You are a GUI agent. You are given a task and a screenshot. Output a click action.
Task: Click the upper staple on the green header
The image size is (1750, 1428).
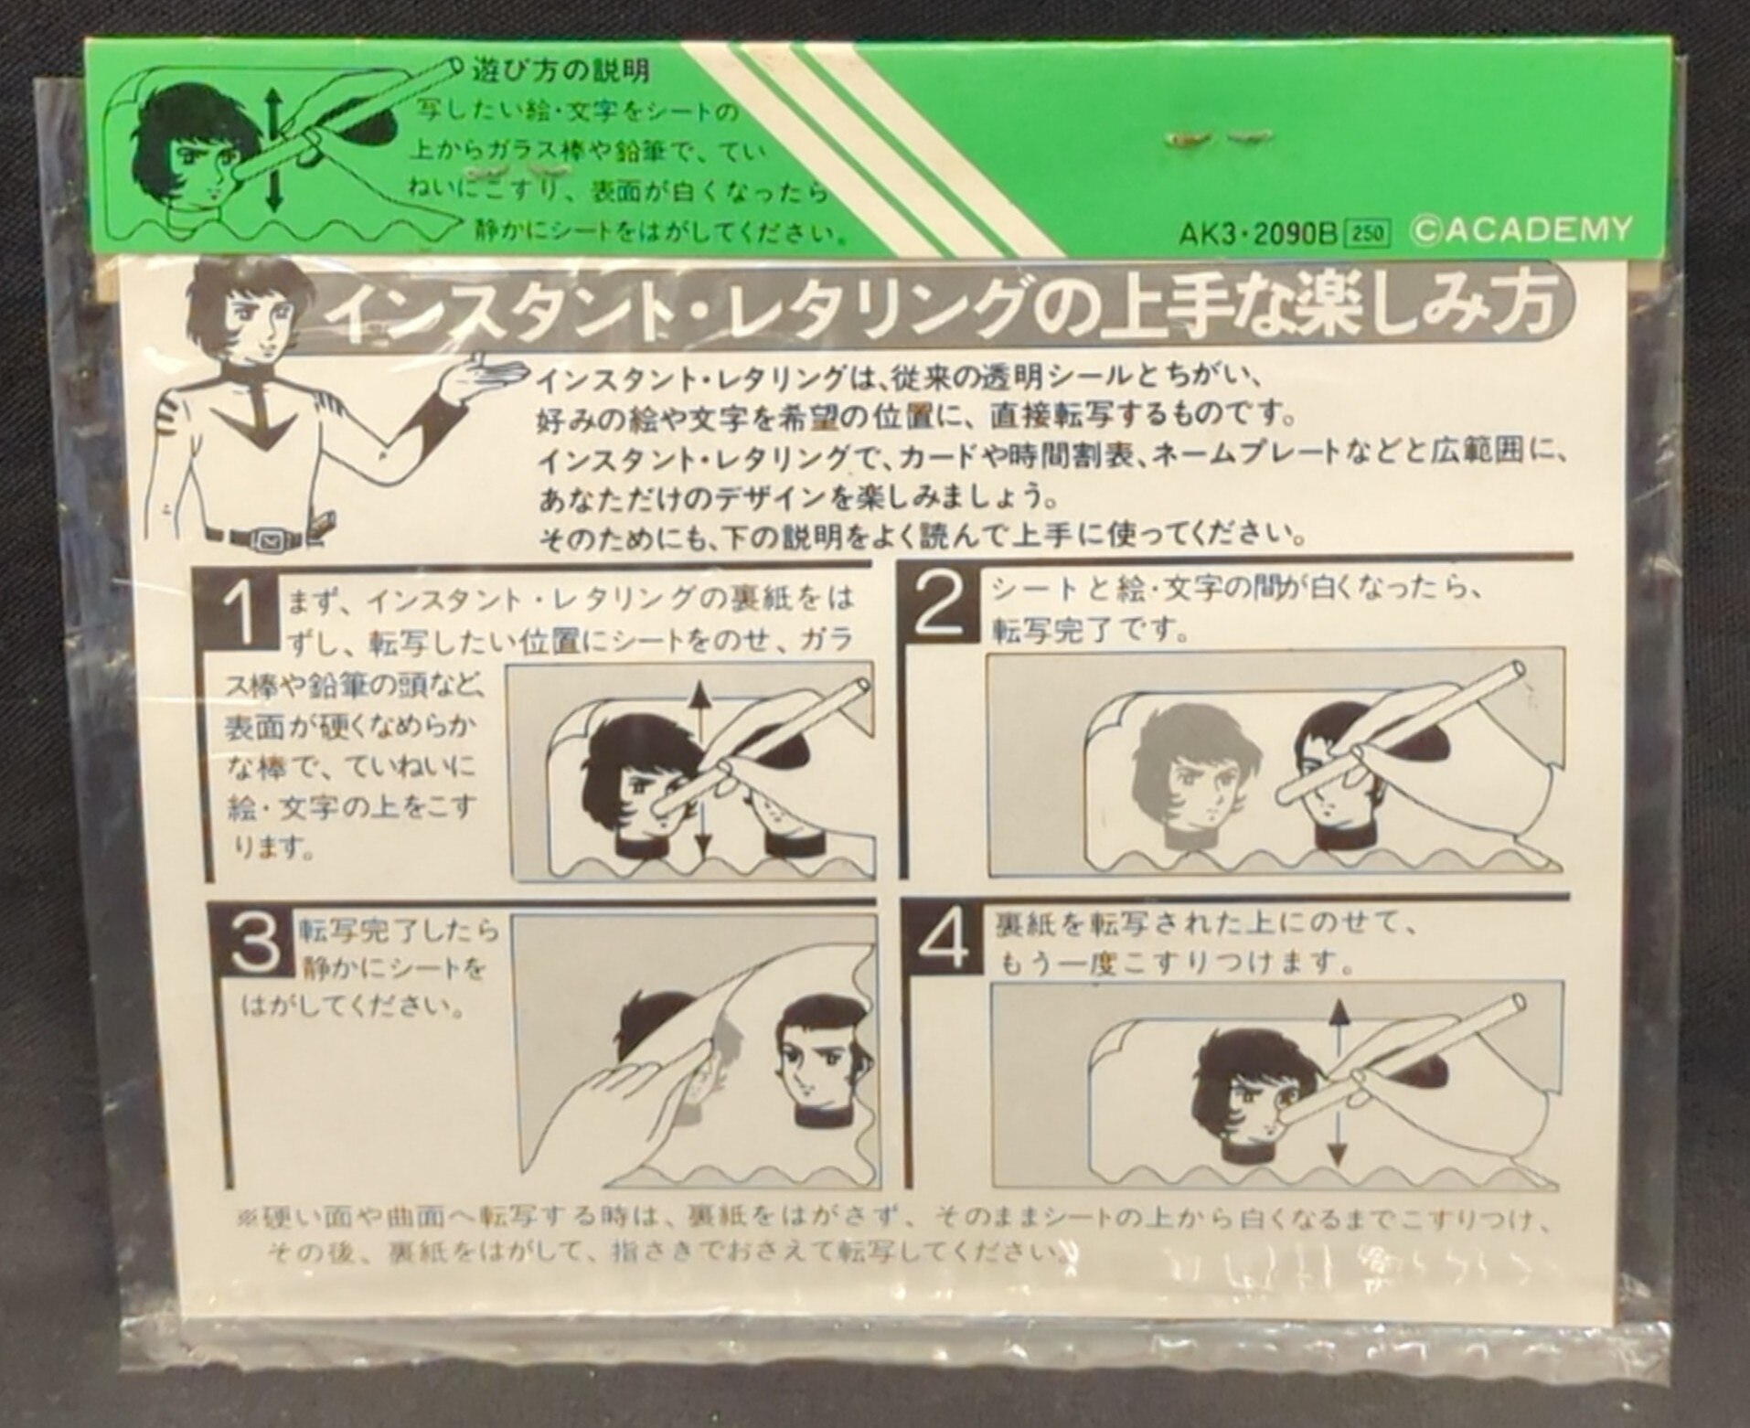point(1217,138)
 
